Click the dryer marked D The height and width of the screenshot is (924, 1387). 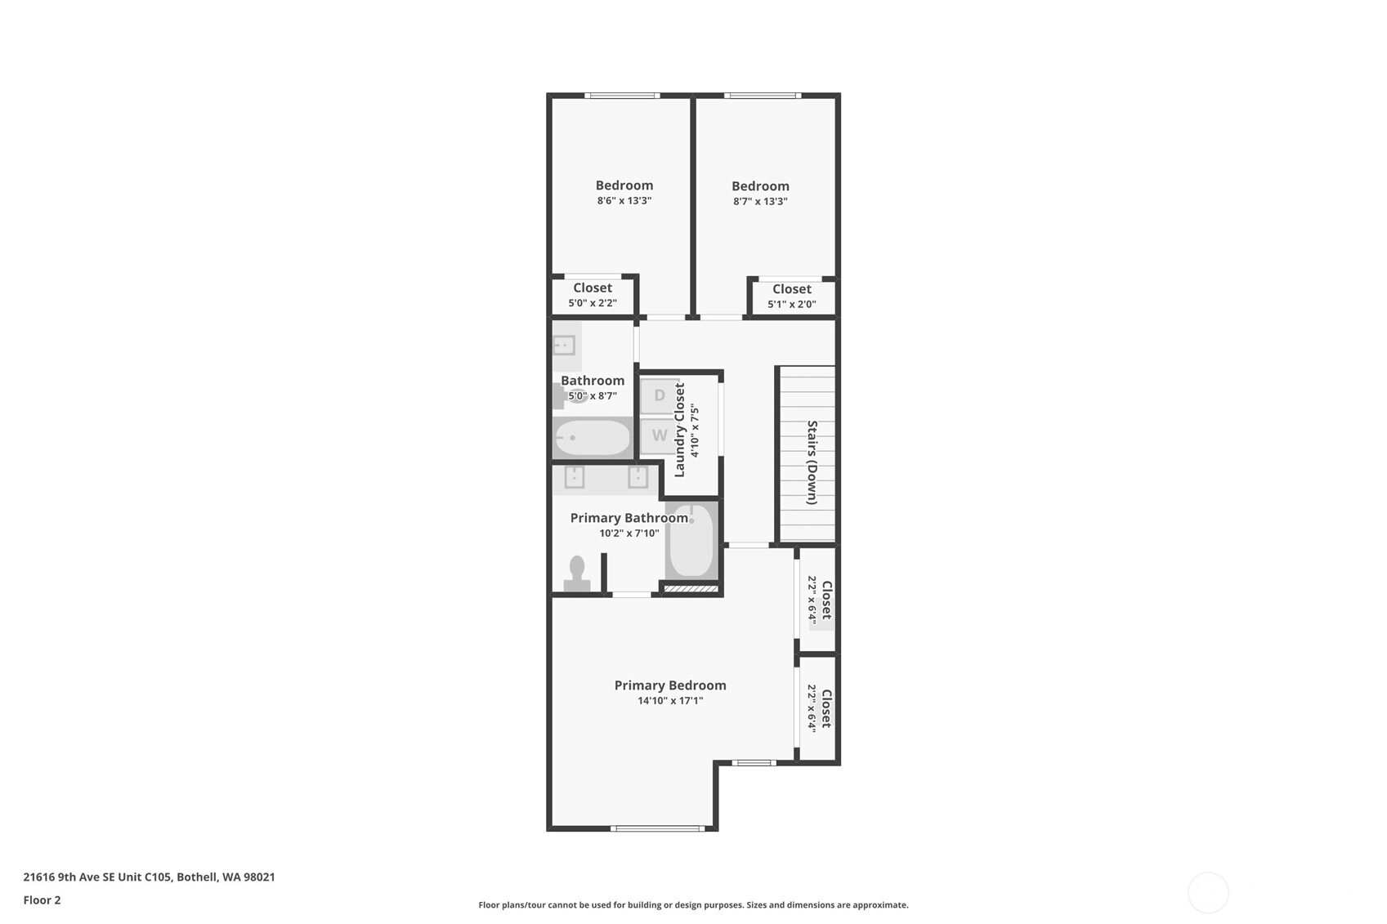(660, 395)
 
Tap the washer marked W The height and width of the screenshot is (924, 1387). (660, 435)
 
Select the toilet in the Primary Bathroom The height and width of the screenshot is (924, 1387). (576, 573)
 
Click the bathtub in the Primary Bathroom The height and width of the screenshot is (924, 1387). (691, 541)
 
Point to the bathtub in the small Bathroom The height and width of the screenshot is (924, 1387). (593, 438)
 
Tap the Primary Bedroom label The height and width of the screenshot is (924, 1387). (670, 685)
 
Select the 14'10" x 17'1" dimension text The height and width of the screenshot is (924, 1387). (670, 701)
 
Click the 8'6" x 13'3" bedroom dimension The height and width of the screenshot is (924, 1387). (624, 200)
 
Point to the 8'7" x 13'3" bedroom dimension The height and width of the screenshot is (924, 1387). (760, 201)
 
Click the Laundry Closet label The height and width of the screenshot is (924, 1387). (679, 430)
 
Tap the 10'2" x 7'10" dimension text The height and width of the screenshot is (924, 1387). (629, 533)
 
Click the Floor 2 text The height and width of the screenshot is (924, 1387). (43, 899)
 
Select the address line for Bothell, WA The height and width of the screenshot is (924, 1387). (150, 877)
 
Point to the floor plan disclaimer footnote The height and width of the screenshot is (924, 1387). (693, 905)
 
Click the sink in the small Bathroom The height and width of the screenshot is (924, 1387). (564, 346)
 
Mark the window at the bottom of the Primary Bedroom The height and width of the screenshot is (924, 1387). (657, 828)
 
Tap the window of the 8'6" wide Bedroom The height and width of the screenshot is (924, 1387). (622, 96)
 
